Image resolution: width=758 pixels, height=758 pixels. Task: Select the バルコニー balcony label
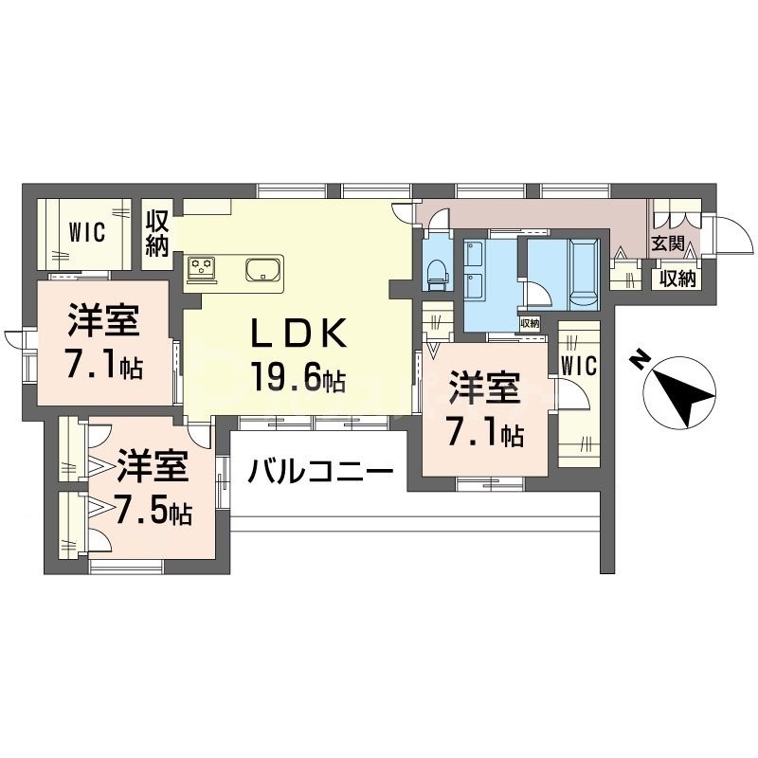click(322, 469)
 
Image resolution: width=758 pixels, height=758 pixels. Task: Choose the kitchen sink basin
click(262, 269)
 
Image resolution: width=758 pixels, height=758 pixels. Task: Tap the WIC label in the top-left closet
click(86, 231)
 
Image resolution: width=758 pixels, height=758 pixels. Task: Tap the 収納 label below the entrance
click(677, 279)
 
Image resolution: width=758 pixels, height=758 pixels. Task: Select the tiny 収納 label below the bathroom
click(530, 323)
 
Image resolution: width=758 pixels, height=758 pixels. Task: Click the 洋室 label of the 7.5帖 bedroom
click(153, 468)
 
